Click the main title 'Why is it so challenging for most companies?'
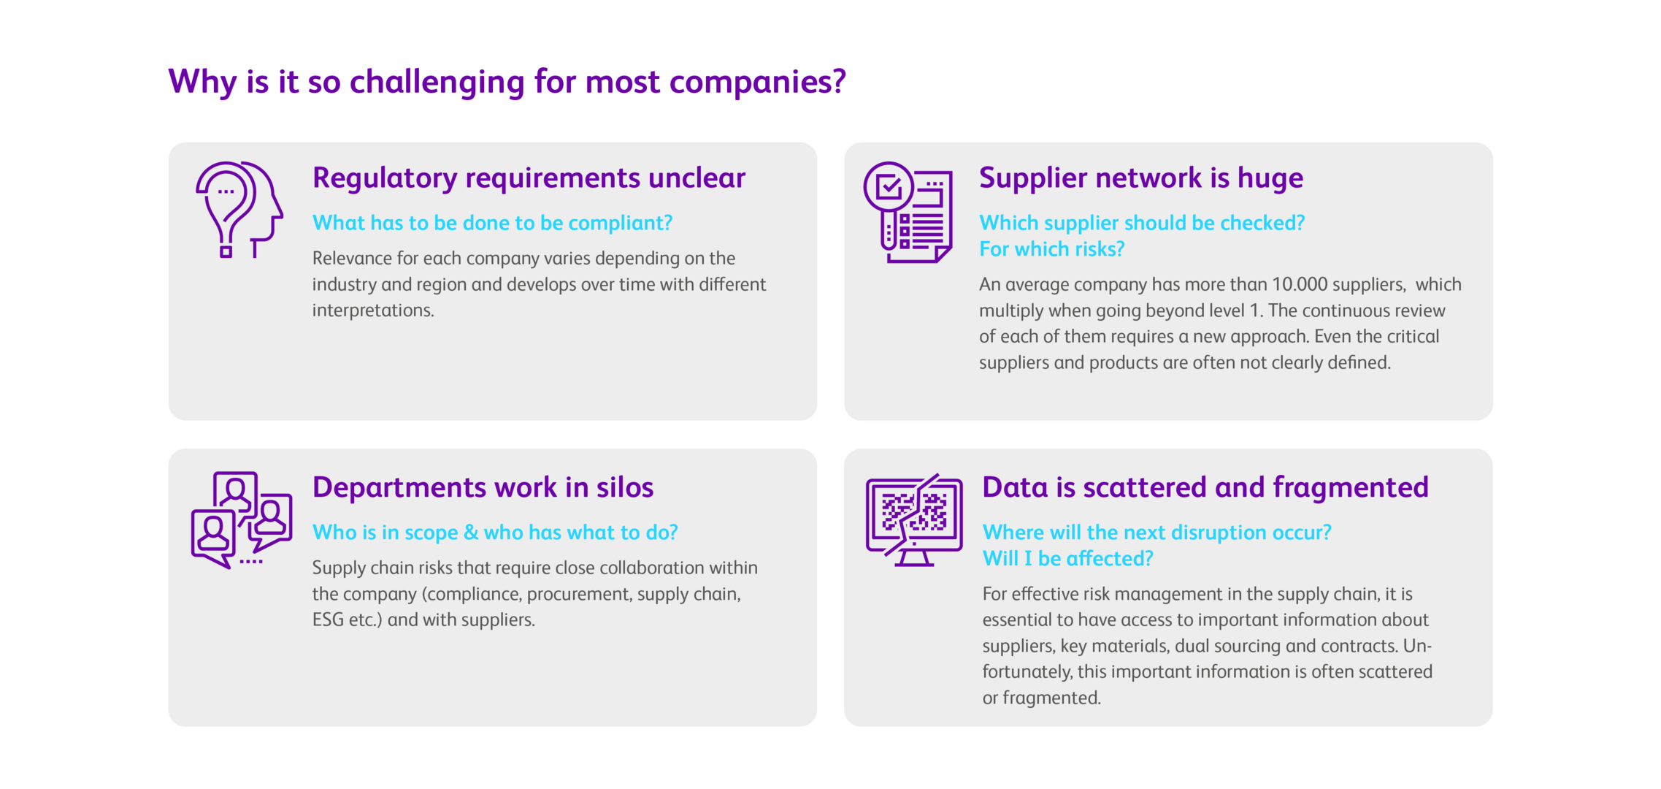click(507, 82)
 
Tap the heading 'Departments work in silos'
click(483, 487)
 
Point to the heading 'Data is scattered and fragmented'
click(1205, 487)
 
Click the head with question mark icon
click(239, 210)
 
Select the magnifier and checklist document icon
click(908, 212)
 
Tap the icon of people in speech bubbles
click(241, 519)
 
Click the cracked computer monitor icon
click(913, 519)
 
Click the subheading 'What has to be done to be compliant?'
click(492, 223)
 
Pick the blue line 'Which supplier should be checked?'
click(1141, 223)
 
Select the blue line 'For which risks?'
click(1051, 249)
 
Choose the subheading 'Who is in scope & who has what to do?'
click(495, 533)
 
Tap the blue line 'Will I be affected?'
click(1067, 559)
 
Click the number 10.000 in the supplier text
click(1300, 284)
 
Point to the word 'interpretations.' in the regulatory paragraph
click(373, 310)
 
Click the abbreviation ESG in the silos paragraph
click(328, 620)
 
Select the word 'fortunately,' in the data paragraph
click(1027, 672)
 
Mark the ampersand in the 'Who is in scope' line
click(471, 533)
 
